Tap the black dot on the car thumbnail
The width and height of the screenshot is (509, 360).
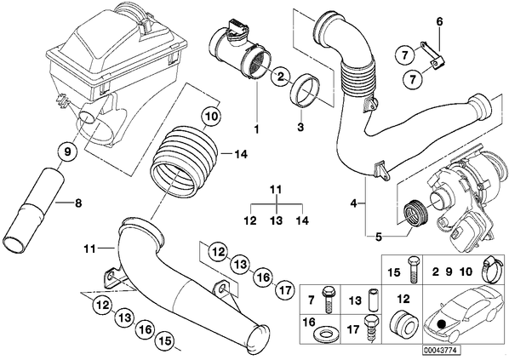(x=441, y=323)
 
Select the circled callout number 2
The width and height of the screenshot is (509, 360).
(x=280, y=77)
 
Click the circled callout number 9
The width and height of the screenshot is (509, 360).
(x=67, y=152)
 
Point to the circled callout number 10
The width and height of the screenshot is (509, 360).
(x=211, y=117)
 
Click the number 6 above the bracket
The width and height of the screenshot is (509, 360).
(x=439, y=22)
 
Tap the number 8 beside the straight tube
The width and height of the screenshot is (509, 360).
(x=78, y=203)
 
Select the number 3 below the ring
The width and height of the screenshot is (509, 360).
(x=300, y=127)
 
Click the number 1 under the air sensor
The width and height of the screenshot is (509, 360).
(x=256, y=129)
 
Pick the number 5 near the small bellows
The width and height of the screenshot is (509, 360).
(x=379, y=237)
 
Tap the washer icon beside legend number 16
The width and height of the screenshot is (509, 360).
(x=323, y=334)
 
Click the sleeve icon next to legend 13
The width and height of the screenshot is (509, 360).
(x=372, y=298)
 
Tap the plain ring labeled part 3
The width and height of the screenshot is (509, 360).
(x=304, y=90)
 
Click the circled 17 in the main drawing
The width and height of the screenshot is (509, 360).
(x=285, y=290)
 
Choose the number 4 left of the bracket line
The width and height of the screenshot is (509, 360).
(x=354, y=203)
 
